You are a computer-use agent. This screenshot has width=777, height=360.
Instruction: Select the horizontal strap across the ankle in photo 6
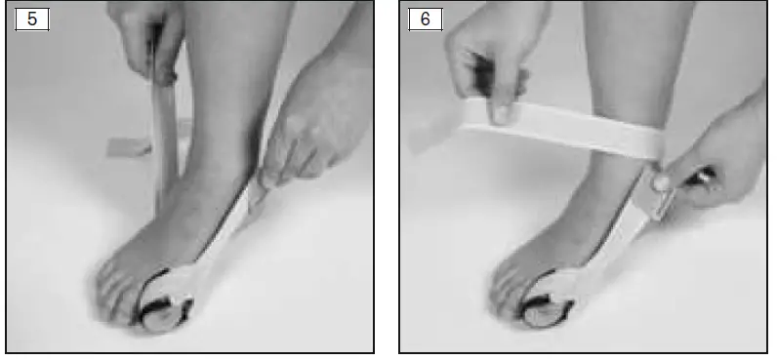pos(566,127)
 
